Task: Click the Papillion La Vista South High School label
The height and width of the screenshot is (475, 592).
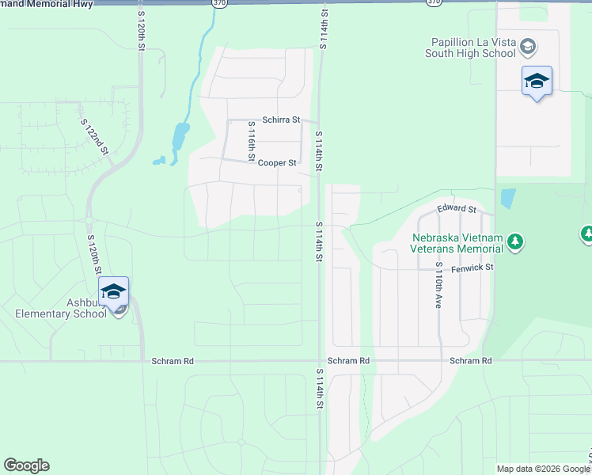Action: point(473,47)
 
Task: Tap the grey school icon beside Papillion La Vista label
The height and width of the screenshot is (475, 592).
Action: point(528,47)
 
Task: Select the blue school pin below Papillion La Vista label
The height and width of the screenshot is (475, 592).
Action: point(537,82)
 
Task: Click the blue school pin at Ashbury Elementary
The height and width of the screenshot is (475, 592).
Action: point(113,292)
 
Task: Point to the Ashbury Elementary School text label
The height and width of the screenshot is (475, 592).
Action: point(60,307)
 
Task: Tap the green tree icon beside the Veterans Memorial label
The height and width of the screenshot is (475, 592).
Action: point(515,241)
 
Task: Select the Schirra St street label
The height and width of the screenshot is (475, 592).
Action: point(282,120)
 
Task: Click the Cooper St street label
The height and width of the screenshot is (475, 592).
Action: point(277,163)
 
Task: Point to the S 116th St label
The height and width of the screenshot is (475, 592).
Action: point(251,141)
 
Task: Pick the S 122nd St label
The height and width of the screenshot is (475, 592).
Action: point(94,137)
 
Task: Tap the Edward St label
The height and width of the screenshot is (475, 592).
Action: point(457,210)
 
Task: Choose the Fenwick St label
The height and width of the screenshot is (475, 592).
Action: point(472,268)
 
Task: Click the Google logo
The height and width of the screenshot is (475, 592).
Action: point(26,465)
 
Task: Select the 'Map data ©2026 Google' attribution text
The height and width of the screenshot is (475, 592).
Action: point(541,469)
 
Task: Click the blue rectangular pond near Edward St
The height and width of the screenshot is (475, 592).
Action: point(507,198)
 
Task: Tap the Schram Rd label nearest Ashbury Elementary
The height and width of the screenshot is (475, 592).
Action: point(172,361)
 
